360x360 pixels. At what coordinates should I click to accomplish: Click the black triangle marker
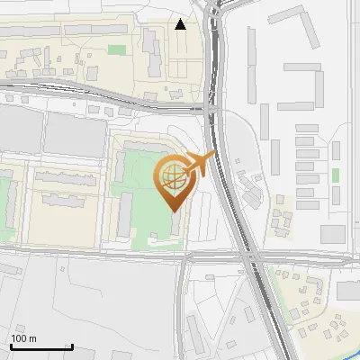tap(181, 24)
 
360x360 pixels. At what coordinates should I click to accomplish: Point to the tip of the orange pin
tap(173, 210)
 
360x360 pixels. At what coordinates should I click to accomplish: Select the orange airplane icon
tap(200, 165)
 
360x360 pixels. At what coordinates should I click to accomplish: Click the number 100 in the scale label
tap(19, 338)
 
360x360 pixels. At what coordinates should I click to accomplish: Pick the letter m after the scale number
tap(32, 338)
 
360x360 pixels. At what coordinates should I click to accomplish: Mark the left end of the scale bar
tap(11, 346)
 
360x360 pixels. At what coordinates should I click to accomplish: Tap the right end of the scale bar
tap(73, 346)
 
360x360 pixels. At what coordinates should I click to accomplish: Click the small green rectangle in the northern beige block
tap(117, 50)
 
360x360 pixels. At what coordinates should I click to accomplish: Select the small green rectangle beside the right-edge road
tap(335, 175)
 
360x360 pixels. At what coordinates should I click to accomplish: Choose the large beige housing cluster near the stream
tap(319, 306)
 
